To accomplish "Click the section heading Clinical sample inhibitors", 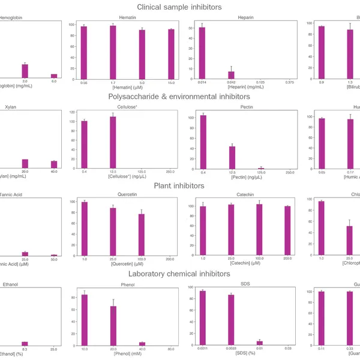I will pos(179,7).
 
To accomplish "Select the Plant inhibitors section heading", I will pos(179,185).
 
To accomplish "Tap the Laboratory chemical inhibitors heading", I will pos(179,274).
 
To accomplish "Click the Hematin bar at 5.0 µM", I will pos(142,55).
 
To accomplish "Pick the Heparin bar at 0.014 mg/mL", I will pos(202,53).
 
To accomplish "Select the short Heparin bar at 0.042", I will pos(231,76).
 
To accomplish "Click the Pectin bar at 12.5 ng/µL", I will pos(232,157).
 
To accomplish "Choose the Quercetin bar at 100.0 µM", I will pos(142,235).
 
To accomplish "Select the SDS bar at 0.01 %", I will pos(260,343).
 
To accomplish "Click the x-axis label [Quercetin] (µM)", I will pos(127,263).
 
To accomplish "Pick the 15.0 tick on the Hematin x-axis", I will pos(172,83).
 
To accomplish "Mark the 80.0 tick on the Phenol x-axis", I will pos(172,349).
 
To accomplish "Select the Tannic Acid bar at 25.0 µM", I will pos(25,254).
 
